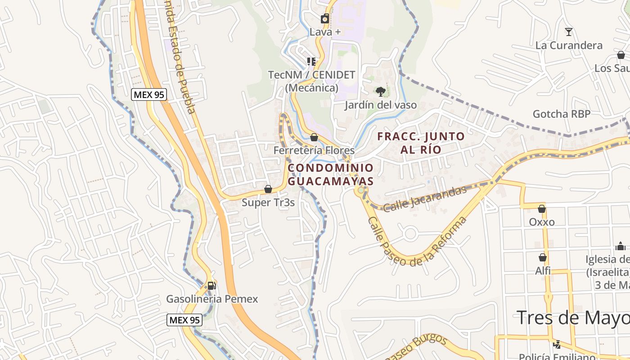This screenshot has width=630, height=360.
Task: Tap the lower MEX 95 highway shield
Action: (x=184, y=320)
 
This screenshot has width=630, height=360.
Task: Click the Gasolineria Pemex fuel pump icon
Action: (x=211, y=285)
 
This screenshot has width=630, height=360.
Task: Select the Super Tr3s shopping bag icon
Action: (x=268, y=189)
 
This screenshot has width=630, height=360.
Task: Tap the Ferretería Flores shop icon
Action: (x=314, y=137)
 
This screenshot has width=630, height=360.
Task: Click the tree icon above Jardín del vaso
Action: (x=381, y=92)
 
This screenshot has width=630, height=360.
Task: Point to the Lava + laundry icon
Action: (x=324, y=19)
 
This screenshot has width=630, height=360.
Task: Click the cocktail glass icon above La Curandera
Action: (x=569, y=31)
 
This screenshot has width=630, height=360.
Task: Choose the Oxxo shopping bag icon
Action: (x=542, y=209)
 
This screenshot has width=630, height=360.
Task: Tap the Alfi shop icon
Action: (x=543, y=257)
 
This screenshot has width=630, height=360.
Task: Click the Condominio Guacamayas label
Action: (x=331, y=175)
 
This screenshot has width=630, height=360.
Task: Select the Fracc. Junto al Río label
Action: (x=421, y=143)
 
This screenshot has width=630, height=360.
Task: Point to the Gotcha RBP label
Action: (x=561, y=114)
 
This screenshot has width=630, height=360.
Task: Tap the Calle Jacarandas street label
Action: (x=425, y=198)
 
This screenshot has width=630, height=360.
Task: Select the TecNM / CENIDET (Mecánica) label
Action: (x=311, y=81)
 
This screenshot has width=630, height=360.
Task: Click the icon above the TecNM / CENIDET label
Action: (x=311, y=61)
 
